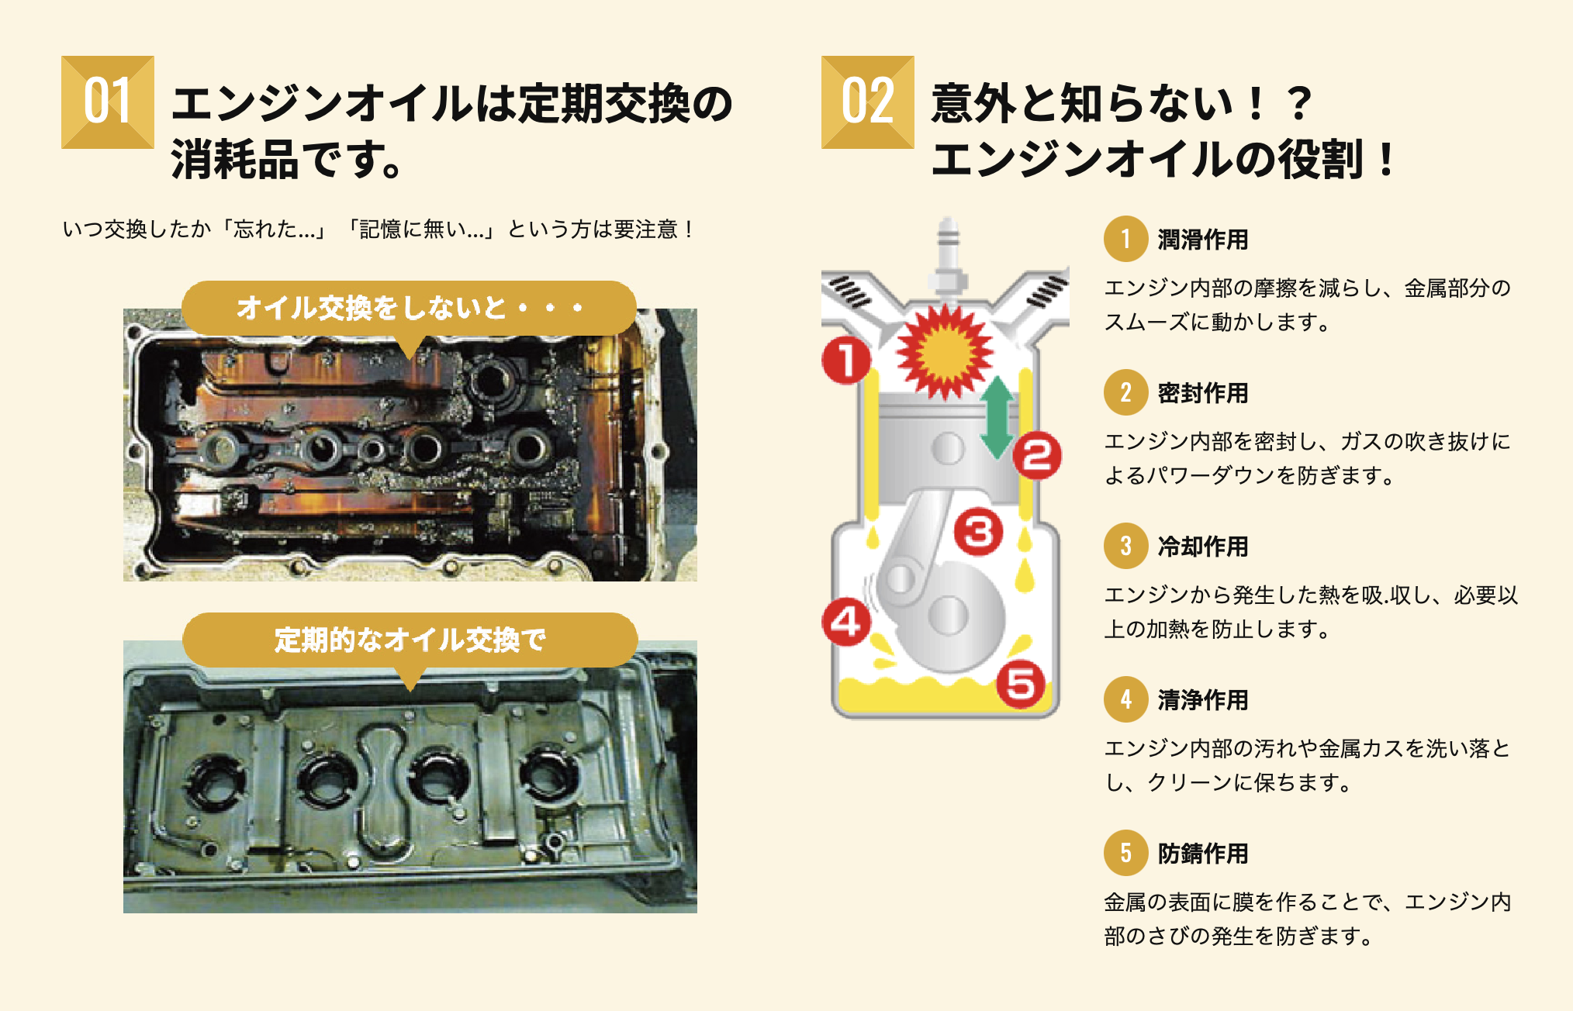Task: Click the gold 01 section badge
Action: pyautogui.click(x=108, y=102)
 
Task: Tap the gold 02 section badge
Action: pyautogui.click(x=867, y=102)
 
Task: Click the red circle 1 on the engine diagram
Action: pyautogui.click(x=846, y=361)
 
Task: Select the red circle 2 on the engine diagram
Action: pyautogui.click(x=1037, y=455)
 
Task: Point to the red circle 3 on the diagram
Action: pyautogui.click(x=978, y=532)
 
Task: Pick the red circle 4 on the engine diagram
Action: pyautogui.click(x=846, y=622)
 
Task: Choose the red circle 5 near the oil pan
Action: pyautogui.click(x=1021, y=684)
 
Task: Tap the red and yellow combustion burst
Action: pyautogui.click(x=944, y=351)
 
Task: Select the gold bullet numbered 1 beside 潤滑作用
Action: pyautogui.click(x=1125, y=239)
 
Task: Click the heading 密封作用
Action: pyautogui.click(x=1203, y=393)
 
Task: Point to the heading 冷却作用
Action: pyautogui.click(x=1203, y=547)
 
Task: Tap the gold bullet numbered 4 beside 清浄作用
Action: pyautogui.click(x=1125, y=699)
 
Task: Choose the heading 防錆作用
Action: pyautogui.click(x=1203, y=853)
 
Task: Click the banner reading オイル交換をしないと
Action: pyautogui.click(x=410, y=308)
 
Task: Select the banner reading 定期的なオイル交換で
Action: pyautogui.click(x=410, y=640)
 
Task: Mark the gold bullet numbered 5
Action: pyautogui.click(x=1125, y=853)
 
